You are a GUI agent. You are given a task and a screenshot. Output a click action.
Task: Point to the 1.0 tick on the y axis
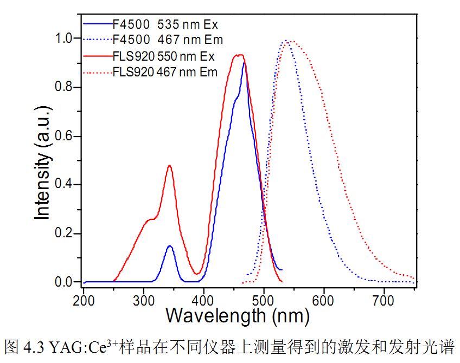tap(65, 38)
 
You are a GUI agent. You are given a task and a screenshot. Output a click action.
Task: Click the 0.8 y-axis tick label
tap(65, 87)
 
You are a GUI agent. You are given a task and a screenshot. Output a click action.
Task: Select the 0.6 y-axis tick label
tap(65, 136)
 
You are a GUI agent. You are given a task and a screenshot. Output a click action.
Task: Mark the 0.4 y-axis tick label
tap(65, 185)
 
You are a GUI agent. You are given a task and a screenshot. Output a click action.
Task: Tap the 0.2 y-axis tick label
tap(65, 234)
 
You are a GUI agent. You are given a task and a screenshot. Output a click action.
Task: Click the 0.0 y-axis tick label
tap(65, 282)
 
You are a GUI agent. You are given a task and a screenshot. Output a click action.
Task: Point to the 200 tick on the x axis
tap(84, 299)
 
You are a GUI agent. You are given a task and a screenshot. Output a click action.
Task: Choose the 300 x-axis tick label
tap(144, 299)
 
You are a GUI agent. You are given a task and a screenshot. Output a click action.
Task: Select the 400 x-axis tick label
tap(204, 299)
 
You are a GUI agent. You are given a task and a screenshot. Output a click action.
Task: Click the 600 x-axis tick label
tap(324, 299)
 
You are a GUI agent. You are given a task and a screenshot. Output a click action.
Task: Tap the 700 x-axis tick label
tap(384, 299)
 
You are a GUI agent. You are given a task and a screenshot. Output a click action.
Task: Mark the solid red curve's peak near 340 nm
tap(170, 166)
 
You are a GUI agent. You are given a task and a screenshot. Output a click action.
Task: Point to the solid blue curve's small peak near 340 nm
tap(170, 246)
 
